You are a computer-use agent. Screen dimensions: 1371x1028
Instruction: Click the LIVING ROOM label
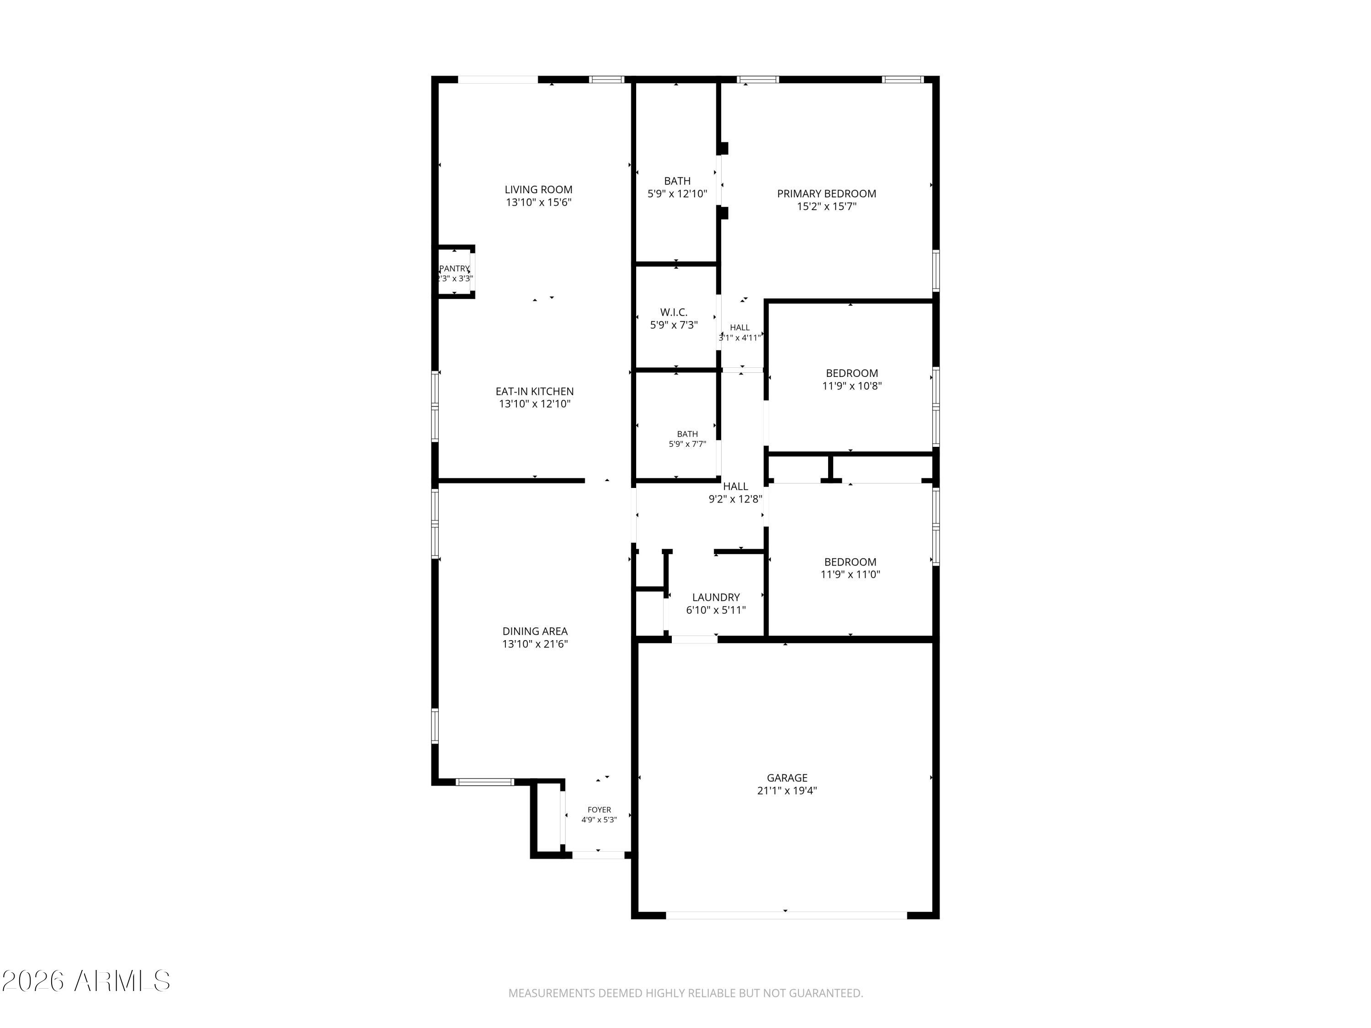538,190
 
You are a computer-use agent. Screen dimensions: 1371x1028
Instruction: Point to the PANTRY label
454,268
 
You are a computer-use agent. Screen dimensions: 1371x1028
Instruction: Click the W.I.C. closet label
674,313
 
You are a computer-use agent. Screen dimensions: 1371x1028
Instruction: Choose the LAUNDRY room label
716,597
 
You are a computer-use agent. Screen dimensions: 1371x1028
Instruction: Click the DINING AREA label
535,631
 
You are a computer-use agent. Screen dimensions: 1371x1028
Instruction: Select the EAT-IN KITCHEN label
534,392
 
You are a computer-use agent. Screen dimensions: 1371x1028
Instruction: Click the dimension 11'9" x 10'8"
851,386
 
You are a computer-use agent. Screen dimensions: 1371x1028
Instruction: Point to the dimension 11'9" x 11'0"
850,574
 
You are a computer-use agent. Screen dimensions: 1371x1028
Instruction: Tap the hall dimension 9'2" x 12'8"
735,499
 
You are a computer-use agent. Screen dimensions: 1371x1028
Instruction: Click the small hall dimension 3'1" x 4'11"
739,338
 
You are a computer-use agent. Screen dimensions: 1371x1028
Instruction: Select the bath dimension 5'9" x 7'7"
687,444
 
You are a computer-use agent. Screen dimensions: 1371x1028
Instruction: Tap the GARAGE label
787,778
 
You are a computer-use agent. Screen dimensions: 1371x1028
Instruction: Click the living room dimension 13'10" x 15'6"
538,202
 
